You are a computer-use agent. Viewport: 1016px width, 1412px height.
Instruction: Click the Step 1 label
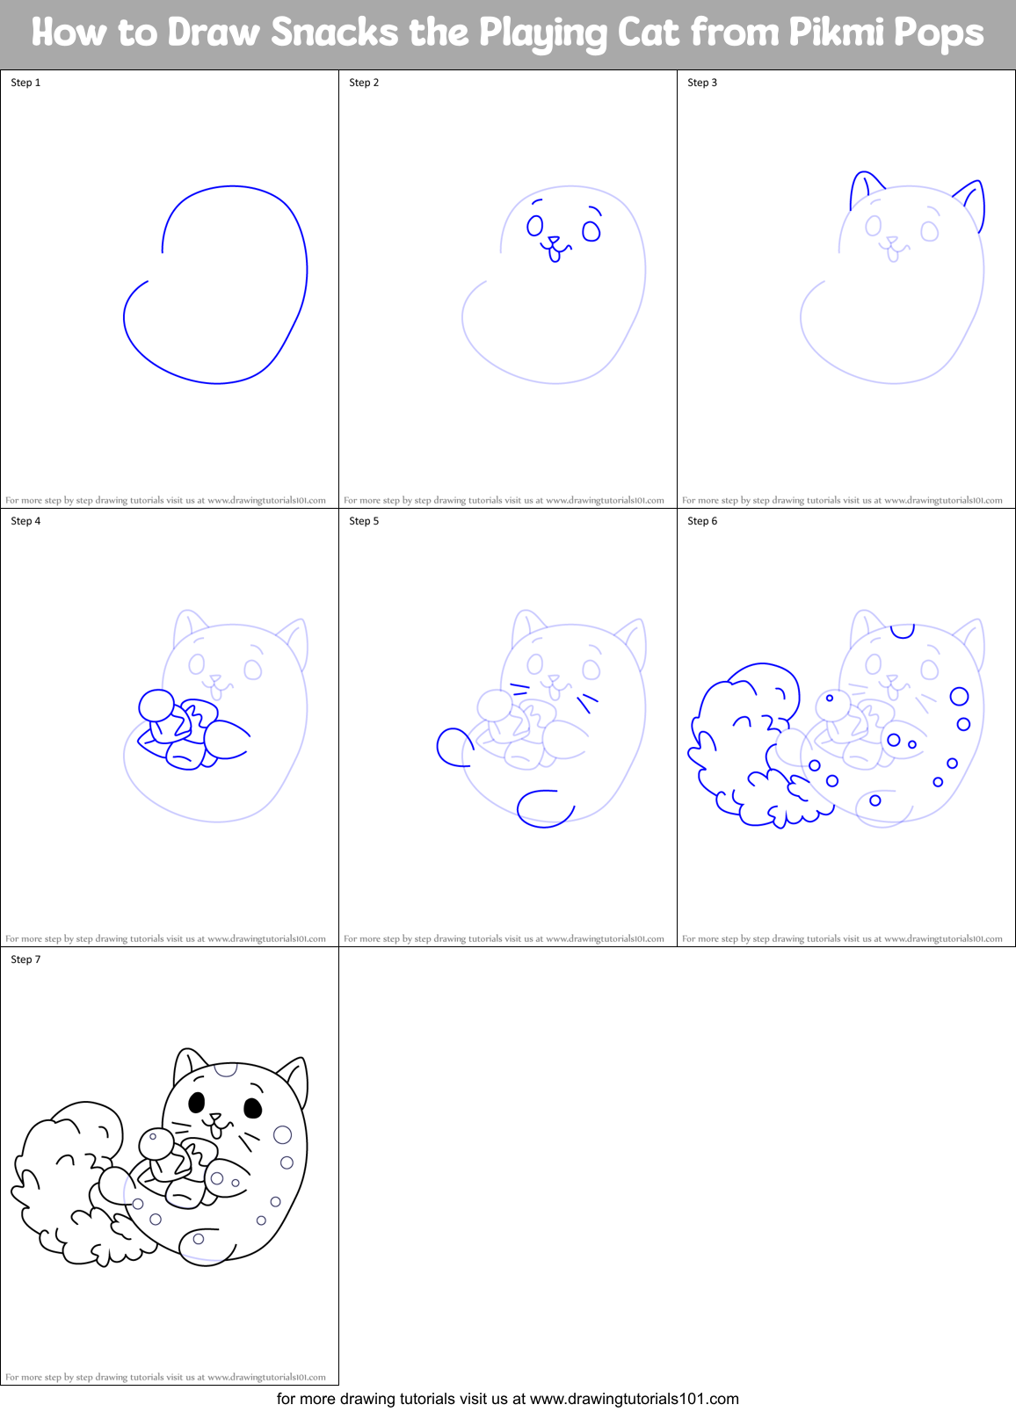coord(25,83)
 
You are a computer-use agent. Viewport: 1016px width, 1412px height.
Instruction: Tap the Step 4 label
coord(25,521)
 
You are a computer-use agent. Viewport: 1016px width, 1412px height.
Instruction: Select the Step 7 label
coord(25,959)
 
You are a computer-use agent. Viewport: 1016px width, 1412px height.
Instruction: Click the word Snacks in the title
coord(335,33)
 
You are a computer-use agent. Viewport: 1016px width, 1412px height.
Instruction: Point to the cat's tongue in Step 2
coord(555,256)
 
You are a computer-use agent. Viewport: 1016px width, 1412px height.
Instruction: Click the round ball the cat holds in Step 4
coord(157,705)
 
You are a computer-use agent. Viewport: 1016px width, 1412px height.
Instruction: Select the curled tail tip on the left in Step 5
coord(453,747)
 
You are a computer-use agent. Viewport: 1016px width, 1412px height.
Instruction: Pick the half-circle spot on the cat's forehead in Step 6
coord(903,630)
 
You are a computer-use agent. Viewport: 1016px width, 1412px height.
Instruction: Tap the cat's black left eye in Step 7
coord(197,1102)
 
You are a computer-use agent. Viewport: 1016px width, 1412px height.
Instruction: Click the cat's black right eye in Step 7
coord(252,1107)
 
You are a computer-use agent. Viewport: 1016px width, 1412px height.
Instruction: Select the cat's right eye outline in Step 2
coord(591,231)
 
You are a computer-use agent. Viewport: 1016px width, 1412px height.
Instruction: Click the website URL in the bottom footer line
coord(634,1399)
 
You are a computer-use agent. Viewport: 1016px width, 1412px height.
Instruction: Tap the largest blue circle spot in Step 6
coord(959,697)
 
